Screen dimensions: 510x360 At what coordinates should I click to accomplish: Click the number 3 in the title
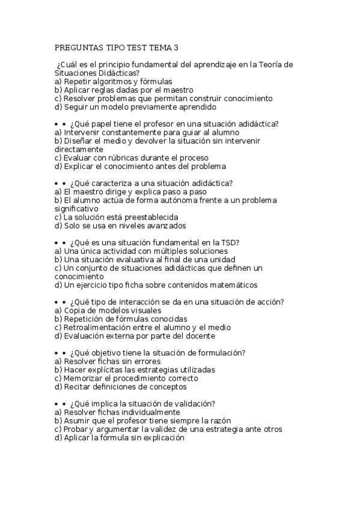click(x=175, y=47)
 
